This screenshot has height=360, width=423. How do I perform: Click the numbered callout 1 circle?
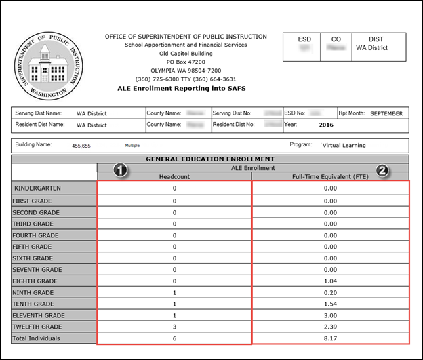pyautogui.click(x=121, y=169)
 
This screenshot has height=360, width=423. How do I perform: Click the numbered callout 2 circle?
pyautogui.click(x=382, y=170)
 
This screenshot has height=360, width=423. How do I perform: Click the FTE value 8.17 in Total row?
pyautogui.click(x=330, y=338)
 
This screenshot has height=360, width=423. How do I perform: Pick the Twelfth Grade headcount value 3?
pyautogui.click(x=174, y=326)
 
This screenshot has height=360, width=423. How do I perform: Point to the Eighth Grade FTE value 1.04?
pyautogui.click(x=330, y=281)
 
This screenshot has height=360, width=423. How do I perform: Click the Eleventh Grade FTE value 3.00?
pyautogui.click(x=330, y=315)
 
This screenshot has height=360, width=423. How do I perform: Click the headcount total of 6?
pyautogui.click(x=174, y=338)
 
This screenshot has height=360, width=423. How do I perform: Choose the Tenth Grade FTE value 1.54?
pyautogui.click(x=330, y=304)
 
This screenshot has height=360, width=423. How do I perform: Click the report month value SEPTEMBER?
pyautogui.click(x=387, y=113)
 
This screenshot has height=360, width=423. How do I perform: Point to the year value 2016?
pyautogui.click(x=326, y=125)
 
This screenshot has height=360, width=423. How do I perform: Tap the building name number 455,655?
pyautogui.click(x=81, y=146)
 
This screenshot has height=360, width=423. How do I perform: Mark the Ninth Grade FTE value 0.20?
pyautogui.click(x=330, y=292)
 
